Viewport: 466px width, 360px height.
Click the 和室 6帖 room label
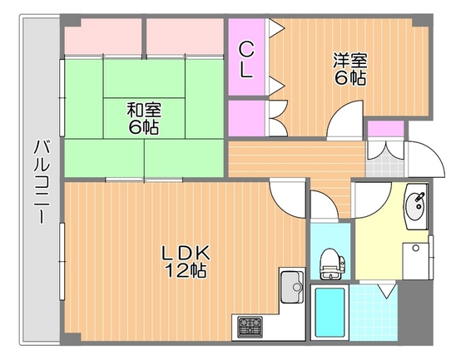tap(144, 119)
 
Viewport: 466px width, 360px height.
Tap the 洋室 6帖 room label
tap(350, 69)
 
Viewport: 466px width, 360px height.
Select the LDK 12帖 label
tap(186, 261)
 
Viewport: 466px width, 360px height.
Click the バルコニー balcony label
tap(42, 182)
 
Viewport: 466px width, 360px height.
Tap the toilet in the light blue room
tap(331, 264)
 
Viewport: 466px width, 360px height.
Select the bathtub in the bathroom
tap(330, 312)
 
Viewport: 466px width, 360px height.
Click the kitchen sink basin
tap(292, 287)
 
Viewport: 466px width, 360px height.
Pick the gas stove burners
tap(250, 327)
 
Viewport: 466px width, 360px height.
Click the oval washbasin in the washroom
tap(415, 206)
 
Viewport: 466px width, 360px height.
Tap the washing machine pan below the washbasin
tap(416, 261)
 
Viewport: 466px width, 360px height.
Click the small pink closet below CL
tap(246, 118)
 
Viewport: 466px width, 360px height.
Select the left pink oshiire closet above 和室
tap(103, 37)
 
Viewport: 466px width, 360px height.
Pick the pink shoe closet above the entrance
tap(386, 128)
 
